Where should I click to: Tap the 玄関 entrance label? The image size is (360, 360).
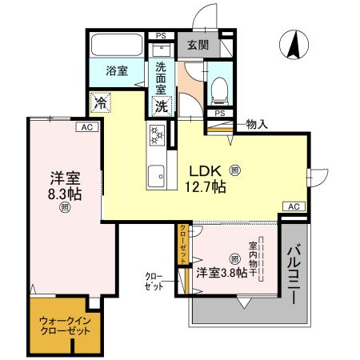tap(198, 46)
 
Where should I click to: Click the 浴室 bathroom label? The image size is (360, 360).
tap(117, 71)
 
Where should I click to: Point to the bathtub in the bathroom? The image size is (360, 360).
tap(115, 45)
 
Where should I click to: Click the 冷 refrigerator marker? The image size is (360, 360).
tap(101, 102)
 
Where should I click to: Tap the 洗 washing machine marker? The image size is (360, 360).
tap(161, 105)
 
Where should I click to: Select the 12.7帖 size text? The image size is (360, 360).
tap(206, 187)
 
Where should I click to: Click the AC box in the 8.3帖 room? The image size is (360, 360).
tap(85, 126)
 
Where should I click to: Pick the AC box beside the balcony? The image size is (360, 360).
tap(294, 206)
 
